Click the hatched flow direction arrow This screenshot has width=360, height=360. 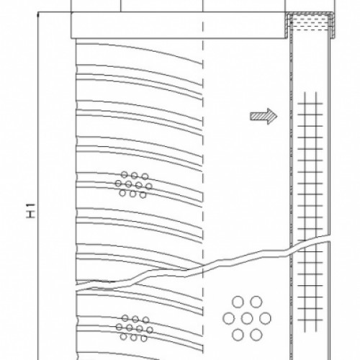click(x=260, y=115)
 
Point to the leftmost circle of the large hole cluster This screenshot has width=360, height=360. click(x=229, y=318)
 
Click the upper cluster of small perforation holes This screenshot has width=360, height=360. click(x=133, y=184)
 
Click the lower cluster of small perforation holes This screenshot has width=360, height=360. click(x=132, y=327)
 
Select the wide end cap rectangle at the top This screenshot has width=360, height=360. click(x=180, y=25)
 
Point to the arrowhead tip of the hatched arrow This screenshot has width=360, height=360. click(x=276, y=115)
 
